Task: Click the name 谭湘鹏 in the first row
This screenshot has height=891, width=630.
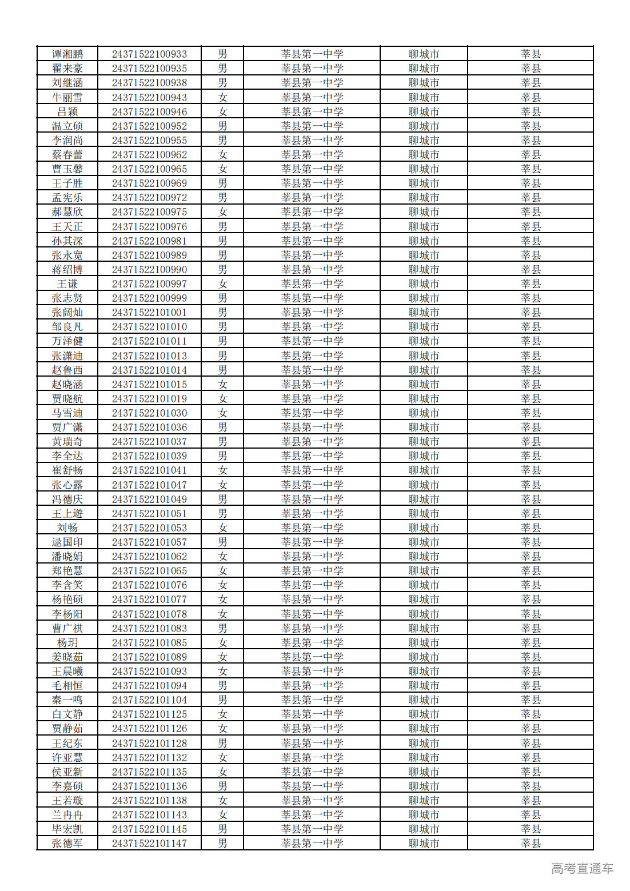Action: [67, 54]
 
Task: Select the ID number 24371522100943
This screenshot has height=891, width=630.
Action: [149, 98]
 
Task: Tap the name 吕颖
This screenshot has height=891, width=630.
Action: [67, 112]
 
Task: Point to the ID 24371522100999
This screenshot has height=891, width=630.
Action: [149, 298]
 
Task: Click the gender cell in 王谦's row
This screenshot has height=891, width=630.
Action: [222, 284]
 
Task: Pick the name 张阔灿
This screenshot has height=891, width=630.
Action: [67, 313]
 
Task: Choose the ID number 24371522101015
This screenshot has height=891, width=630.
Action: [149, 385]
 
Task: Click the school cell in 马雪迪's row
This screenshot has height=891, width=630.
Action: [312, 413]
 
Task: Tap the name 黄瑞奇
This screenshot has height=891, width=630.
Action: [67, 442]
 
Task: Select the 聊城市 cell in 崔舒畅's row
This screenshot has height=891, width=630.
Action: [424, 470]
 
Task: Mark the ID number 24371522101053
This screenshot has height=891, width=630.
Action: [149, 528]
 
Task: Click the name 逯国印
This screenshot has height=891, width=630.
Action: [67, 542]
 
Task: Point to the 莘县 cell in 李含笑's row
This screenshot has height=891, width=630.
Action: [531, 585]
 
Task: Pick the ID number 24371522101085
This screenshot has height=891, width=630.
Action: [149, 643]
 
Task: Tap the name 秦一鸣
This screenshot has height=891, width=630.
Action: [67, 700]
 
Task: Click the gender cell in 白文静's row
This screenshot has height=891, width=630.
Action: [222, 714]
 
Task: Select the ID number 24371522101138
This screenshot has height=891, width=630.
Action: [149, 801]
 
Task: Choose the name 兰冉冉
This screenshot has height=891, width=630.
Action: [67, 815]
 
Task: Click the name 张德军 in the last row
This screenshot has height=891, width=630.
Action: [67, 844]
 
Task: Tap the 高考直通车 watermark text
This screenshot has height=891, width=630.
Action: [582, 869]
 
